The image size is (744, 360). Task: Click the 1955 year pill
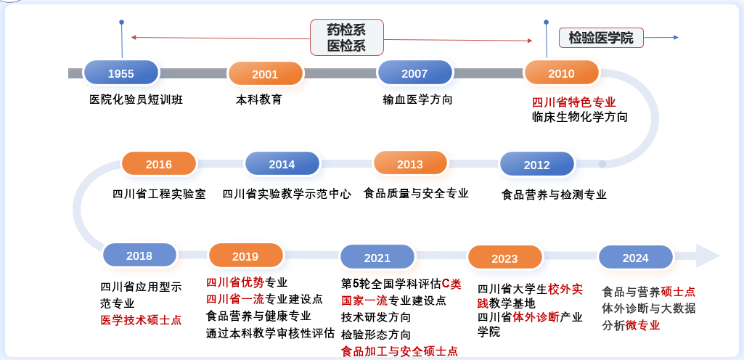click(121, 73)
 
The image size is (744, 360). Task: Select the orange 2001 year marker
click(265, 73)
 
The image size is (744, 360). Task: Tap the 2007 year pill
click(414, 73)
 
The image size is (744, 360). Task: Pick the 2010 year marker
click(561, 73)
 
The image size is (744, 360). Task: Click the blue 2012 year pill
click(537, 164)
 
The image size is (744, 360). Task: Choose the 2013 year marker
click(410, 163)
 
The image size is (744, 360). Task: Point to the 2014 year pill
click(282, 163)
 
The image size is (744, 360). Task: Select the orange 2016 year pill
click(159, 163)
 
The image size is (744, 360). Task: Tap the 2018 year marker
click(139, 255)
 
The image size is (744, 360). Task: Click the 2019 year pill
click(246, 255)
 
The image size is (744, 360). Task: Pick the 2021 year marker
click(377, 257)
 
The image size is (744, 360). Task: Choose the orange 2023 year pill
click(505, 258)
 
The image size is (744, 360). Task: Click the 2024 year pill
click(636, 257)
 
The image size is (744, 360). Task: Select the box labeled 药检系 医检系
click(347, 38)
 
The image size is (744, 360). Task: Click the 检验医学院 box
click(601, 38)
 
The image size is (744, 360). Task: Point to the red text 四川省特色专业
click(573, 102)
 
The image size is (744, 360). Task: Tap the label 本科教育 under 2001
click(259, 99)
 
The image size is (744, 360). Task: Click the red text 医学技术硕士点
click(141, 320)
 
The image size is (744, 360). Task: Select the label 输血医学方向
click(417, 99)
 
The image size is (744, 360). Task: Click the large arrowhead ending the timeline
click(707, 256)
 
